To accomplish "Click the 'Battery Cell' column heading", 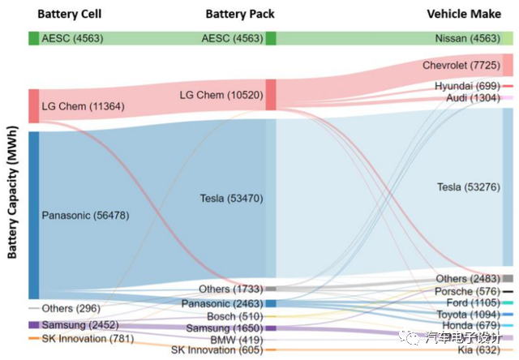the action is click(70, 14).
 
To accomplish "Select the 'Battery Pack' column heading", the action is click(240, 14).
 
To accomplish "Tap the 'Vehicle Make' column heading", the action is click(464, 14).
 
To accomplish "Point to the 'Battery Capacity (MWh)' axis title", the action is click(12, 192).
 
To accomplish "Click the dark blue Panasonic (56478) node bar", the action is click(34, 216).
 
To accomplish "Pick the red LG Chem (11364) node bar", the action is click(34, 106).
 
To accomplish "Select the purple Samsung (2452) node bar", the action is click(34, 325).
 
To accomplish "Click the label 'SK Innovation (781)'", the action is click(88, 339).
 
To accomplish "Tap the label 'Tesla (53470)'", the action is click(231, 199).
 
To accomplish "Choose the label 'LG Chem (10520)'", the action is click(221, 96).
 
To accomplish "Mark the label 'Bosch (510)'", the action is click(235, 317).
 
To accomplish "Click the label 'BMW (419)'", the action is click(237, 340).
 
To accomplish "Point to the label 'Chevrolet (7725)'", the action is click(461, 65).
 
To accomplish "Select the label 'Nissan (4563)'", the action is click(468, 38).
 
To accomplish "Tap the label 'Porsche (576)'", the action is click(467, 292).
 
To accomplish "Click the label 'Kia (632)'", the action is click(479, 349).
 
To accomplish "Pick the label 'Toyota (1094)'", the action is click(469, 315).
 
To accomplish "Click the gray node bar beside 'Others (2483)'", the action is click(508, 278).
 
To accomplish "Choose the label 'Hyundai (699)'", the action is click(467, 86).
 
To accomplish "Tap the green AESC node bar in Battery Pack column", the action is click(271, 38).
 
